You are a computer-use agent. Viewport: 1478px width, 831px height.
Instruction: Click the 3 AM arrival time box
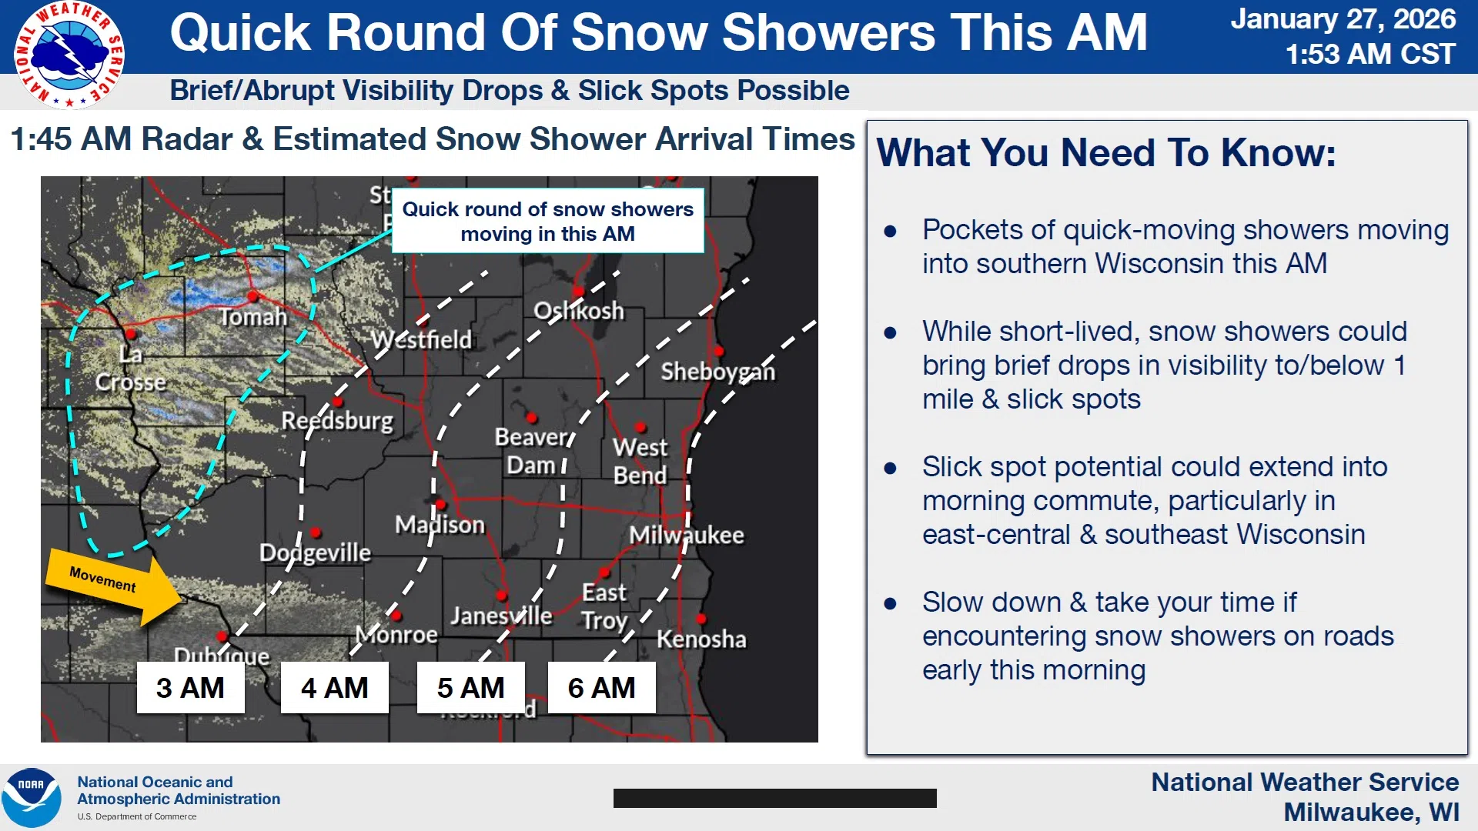tap(190, 687)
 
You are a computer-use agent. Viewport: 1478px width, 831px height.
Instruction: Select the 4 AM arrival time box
tap(334, 687)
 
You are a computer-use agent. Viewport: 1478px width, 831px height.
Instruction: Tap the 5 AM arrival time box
tap(470, 687)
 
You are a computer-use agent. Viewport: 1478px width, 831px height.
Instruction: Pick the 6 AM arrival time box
tap(601, 687)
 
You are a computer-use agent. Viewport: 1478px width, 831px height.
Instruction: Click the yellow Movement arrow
tap(114, 586)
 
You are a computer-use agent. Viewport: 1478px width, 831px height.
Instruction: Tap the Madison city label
tap(440, 525)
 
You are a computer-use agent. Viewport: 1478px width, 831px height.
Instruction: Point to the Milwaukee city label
tap(687, 535)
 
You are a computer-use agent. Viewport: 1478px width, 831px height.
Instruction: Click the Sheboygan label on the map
tap(717, 372)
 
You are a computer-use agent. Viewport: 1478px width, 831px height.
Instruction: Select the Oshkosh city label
tap(579, 311)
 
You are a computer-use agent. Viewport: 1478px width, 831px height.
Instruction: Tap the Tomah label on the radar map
tap(253, 317)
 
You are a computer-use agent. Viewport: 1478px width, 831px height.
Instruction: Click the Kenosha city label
tap(701, 639)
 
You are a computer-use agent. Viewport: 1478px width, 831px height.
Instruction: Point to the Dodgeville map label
tap(315, 553)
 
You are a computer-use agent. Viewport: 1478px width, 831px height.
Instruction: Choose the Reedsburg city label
tap(337, 421)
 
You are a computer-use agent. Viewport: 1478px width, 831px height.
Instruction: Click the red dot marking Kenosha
tap(702, 619)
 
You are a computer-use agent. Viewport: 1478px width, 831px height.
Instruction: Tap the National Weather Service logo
tap(69, 55)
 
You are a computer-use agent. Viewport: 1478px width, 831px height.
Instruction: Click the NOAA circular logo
tap(32, 798)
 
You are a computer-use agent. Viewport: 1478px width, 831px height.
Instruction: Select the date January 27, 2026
tap(1343, 19)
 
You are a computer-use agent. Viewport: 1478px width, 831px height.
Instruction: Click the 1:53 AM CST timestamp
tap(1370, 54)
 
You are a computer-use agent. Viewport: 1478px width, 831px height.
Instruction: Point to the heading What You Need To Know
tap(1106, 152)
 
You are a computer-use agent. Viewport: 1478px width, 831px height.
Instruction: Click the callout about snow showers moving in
tap(548, 221)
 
